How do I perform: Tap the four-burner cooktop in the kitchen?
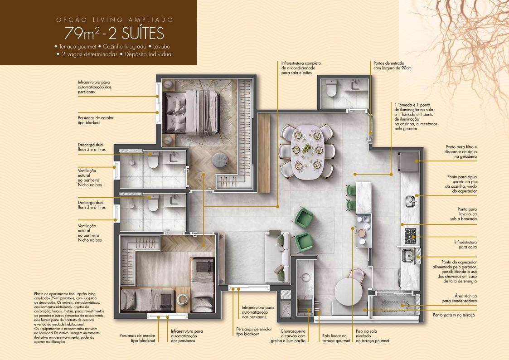[410, 236]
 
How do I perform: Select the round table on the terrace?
[349, 292]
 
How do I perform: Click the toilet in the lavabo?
[331, 88]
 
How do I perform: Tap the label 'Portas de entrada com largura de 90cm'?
[392, 66]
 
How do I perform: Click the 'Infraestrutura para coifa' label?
[465, 244]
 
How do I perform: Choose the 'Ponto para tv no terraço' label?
[454, 315]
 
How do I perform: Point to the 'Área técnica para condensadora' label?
[459, 298]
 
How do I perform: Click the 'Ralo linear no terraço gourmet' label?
[336, 338]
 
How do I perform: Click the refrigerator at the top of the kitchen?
[409, 162]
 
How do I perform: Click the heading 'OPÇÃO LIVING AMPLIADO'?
[115, 20]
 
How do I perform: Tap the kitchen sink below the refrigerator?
[410, 201]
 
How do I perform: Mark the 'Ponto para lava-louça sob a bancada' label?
[463, 214]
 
